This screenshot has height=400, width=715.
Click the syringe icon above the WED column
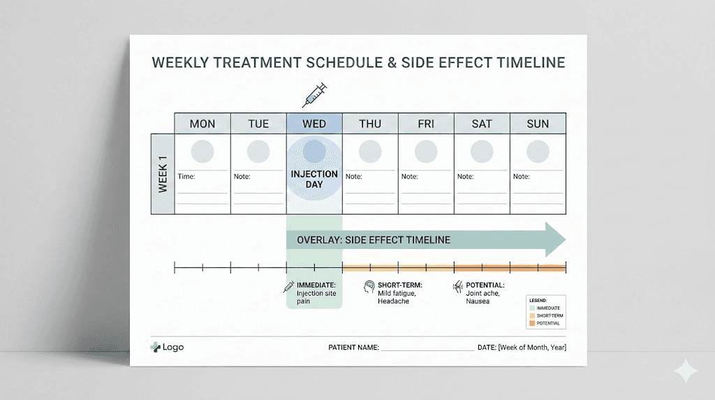coord(314,94)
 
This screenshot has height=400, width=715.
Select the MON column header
coord(202,124)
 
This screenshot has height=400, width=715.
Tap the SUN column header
coord(538,124)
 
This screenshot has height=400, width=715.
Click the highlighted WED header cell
coord(314,124)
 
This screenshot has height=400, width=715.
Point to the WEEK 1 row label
coord(162,174)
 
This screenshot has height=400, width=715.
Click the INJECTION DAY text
coord(314,179)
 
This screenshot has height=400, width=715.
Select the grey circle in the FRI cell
coord(426,151)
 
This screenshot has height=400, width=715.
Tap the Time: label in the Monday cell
coord(186,177)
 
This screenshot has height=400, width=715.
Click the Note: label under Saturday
coord(466,177)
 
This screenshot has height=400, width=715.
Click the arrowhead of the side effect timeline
coord(556,240)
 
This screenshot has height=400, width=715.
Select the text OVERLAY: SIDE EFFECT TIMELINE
coord(374,240)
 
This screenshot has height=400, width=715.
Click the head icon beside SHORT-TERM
coord(369,287)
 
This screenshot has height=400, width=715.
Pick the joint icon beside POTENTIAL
coord(458,287)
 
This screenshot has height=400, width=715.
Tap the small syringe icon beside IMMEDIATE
coord(288,287)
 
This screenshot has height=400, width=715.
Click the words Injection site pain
coord(316,297)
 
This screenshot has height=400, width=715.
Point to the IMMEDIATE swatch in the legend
coord(533,308)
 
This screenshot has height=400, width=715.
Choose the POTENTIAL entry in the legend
coord(548,323)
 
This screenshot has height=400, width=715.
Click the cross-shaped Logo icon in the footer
coord(155,347)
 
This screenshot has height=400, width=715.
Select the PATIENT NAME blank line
coord(427,348)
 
